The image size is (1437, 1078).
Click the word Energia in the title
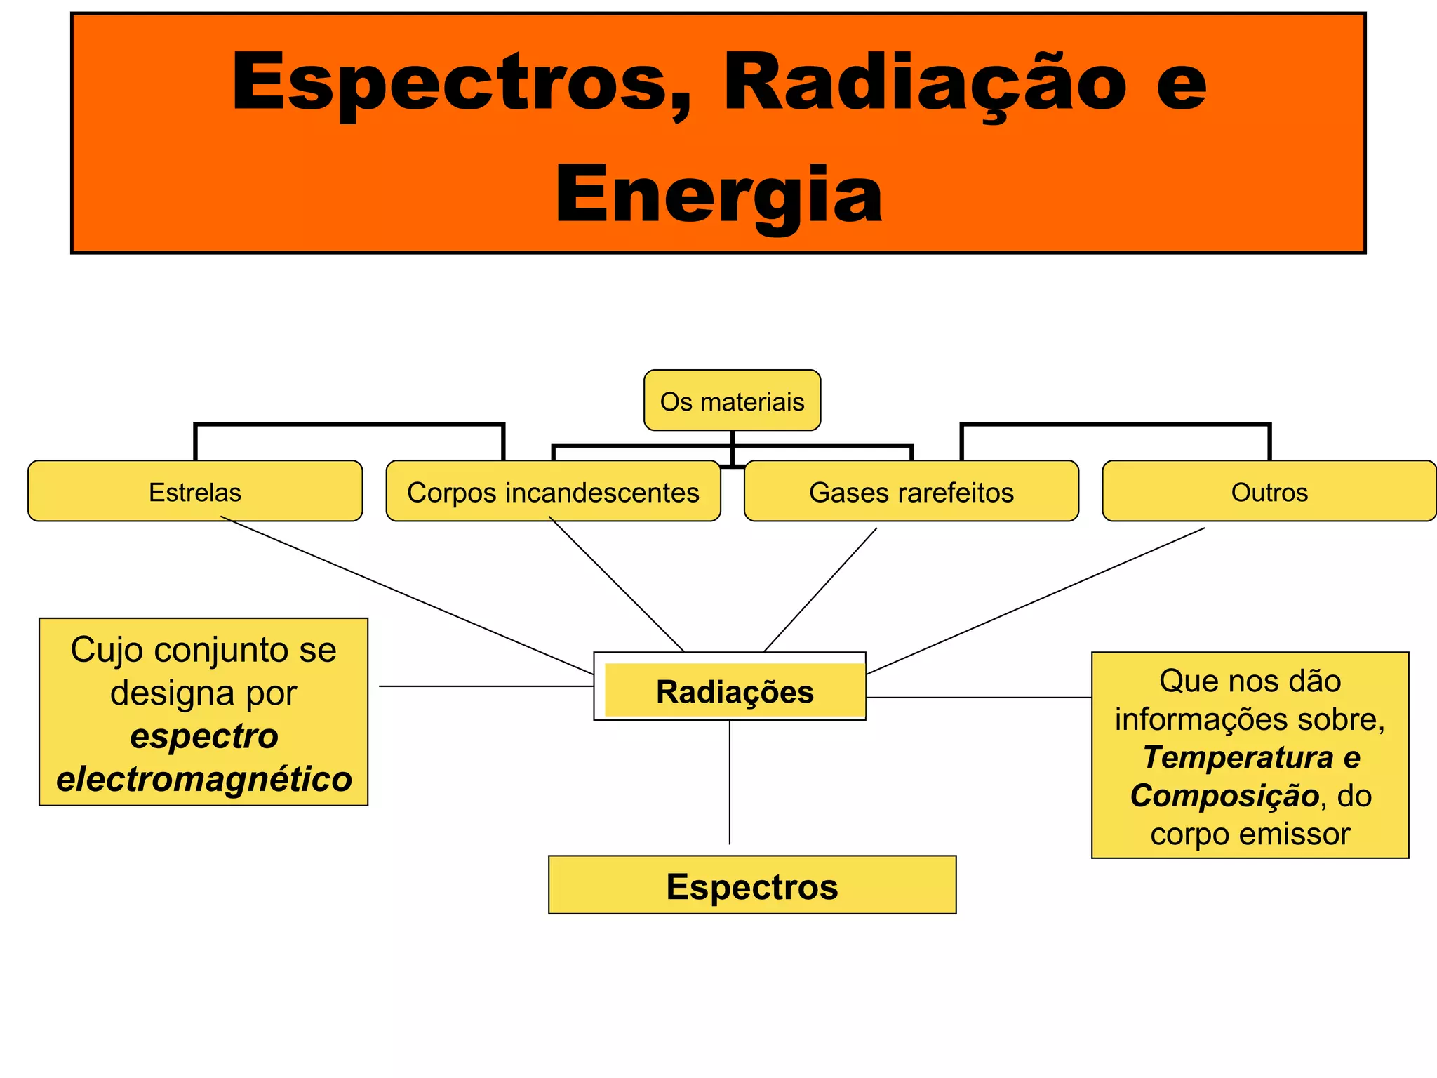point(718,194)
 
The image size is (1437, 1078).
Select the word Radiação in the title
point(923,82)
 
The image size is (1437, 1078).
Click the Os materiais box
point(732,401)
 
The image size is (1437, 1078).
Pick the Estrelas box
point(195,492)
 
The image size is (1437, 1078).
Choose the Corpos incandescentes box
point(553,492)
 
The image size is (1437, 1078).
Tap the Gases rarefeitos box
point(911,492)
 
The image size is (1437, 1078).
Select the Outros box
point(1269,492)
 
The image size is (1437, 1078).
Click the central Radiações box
point(734,691)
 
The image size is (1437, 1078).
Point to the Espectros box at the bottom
point(751,886)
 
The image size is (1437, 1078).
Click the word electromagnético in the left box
point(204,779)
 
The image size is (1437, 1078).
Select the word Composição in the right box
point(1224,795)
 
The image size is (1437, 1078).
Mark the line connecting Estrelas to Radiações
point(407,595)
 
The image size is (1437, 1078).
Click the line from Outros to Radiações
point(1035,601)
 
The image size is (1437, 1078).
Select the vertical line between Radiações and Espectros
point(730,783)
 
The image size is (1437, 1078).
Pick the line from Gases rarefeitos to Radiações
point(820,590)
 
